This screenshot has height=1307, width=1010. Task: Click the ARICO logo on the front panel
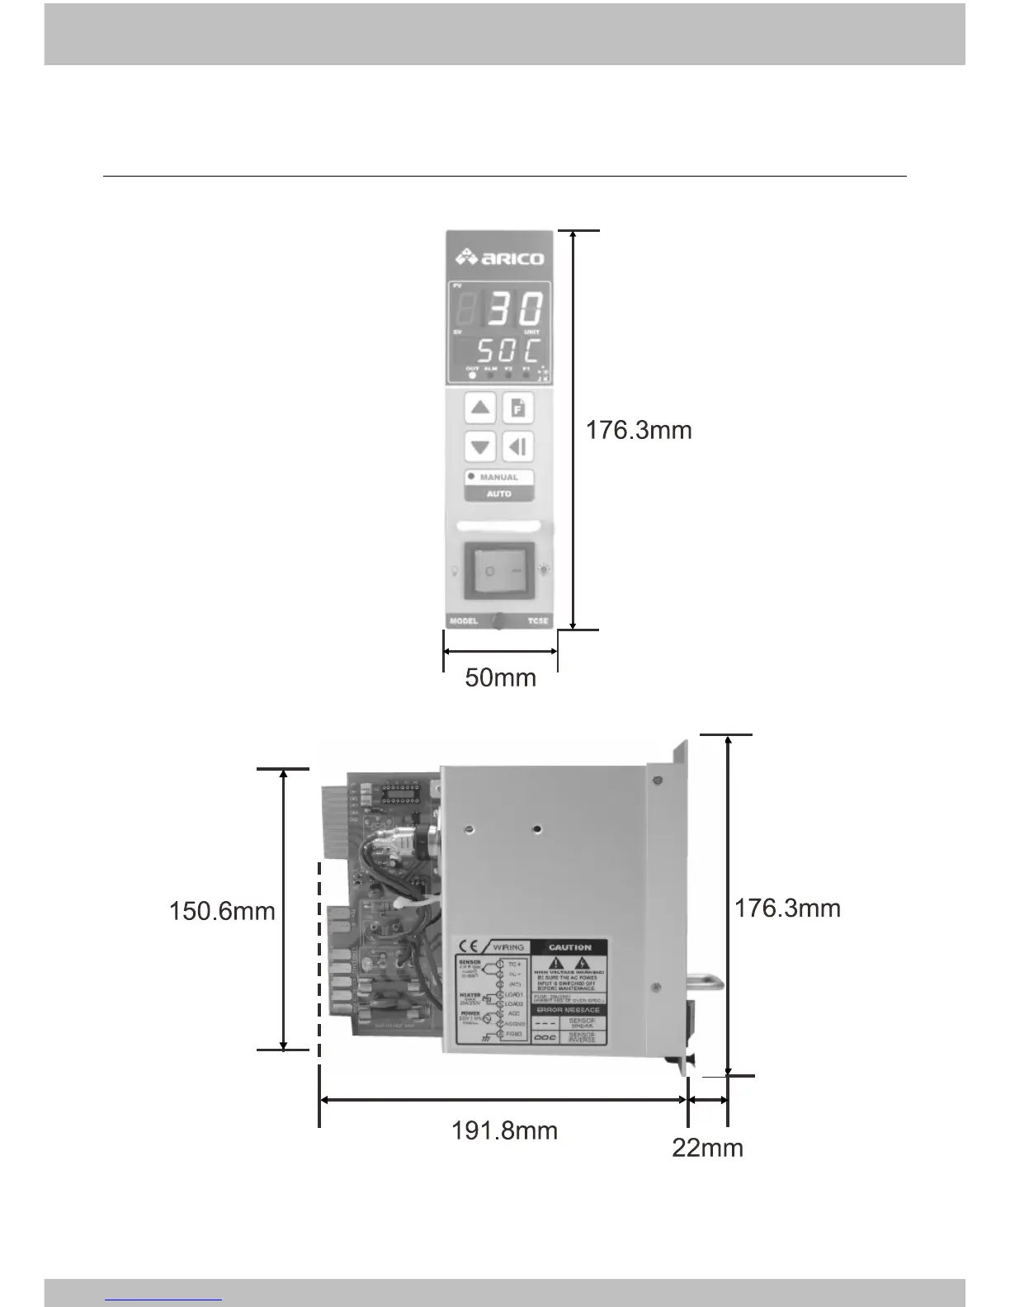click(500, 258)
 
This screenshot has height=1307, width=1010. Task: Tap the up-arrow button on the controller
click(480, 408)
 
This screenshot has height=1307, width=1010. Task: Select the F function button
click(518, 408)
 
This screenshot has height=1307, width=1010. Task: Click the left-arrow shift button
click(518, 447)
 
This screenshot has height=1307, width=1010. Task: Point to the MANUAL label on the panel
click(498, 477)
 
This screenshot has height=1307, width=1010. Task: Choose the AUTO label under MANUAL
click(498, 493)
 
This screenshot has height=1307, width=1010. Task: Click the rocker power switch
click(499, 570)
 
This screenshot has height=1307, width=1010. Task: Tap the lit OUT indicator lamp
click(472, 375)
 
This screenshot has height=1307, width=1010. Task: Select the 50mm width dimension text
click(500, 677)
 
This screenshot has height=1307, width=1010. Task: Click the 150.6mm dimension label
click(222, 911)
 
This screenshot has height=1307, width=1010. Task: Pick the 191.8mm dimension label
click(504, 1130)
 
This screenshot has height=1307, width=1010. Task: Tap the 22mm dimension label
click(707, 1147)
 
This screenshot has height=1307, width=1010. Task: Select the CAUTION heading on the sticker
click(569, 947)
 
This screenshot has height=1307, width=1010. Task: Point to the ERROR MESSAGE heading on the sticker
click(569, 1010)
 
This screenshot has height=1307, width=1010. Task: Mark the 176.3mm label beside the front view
click(639, 430)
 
